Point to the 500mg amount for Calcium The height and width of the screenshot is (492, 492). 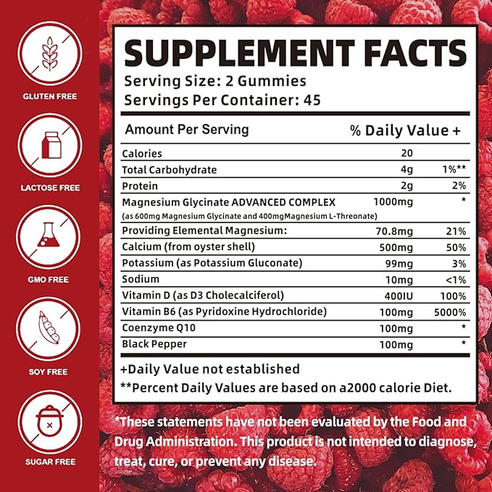click(388, 247)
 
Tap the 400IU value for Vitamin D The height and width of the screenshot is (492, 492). click(388, 296)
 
